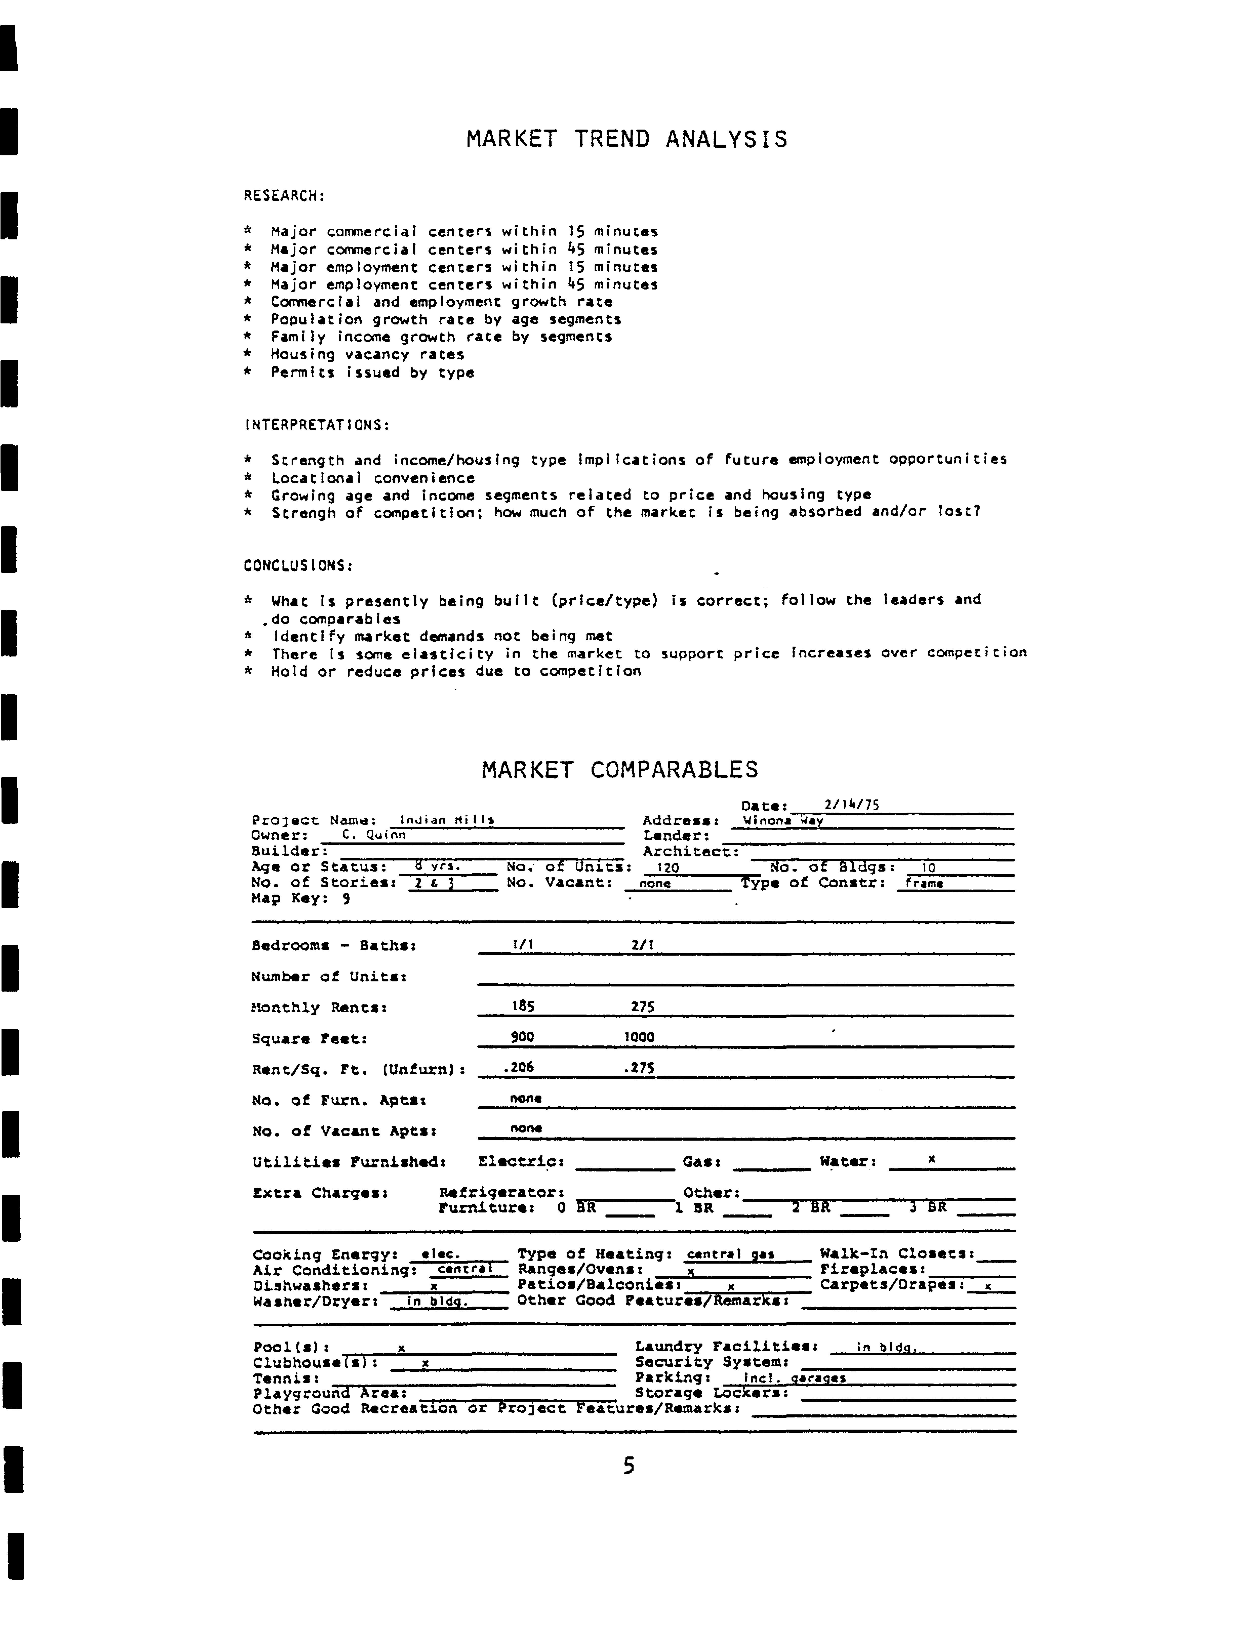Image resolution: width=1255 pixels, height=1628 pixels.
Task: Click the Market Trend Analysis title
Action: [x=626, y=139]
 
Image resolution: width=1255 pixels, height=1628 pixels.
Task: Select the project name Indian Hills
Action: [x=447, y=820]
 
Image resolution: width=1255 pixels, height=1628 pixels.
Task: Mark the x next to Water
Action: [x=931, y=1159]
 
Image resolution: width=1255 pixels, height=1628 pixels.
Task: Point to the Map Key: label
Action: [x=289, y=898]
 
